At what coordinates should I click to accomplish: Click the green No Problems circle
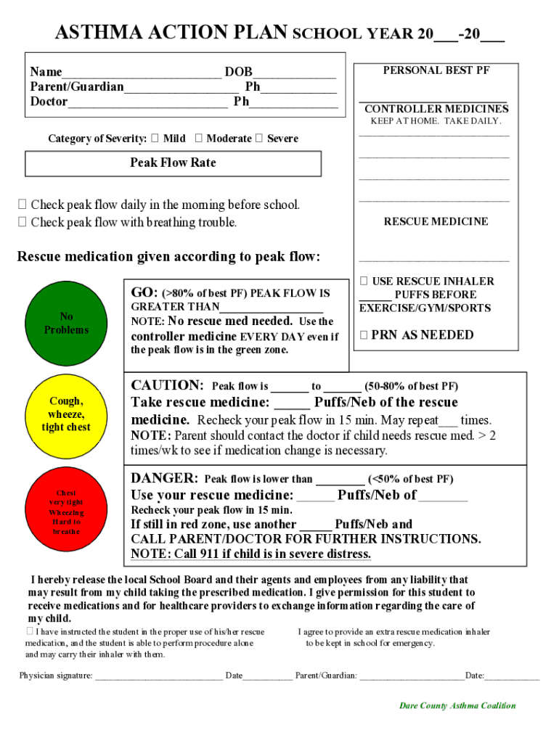(x=66, y=323)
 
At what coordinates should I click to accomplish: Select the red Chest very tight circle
(x=66, y=512)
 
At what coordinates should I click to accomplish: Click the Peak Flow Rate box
(x=173, y=163)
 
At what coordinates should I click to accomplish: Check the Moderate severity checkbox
(x=199, y=139)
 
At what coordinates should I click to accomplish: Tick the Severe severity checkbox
(x=259, y=139)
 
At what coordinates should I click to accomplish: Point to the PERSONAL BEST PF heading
(x=436, y=70)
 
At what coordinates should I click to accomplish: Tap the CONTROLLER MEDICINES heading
(x=436, y=109)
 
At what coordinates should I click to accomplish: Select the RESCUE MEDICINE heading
(x=436, y=221)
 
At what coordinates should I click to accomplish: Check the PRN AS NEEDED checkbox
(x=364, y=335)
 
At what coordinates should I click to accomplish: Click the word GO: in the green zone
(x=144, y=292)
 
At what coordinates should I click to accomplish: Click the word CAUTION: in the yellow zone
(x=167, y=385)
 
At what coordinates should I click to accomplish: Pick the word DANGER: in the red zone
(x=164, y=478)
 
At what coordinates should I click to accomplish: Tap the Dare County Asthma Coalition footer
(x=457, y=705)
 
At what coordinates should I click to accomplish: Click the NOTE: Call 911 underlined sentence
(x=250, y=554)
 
